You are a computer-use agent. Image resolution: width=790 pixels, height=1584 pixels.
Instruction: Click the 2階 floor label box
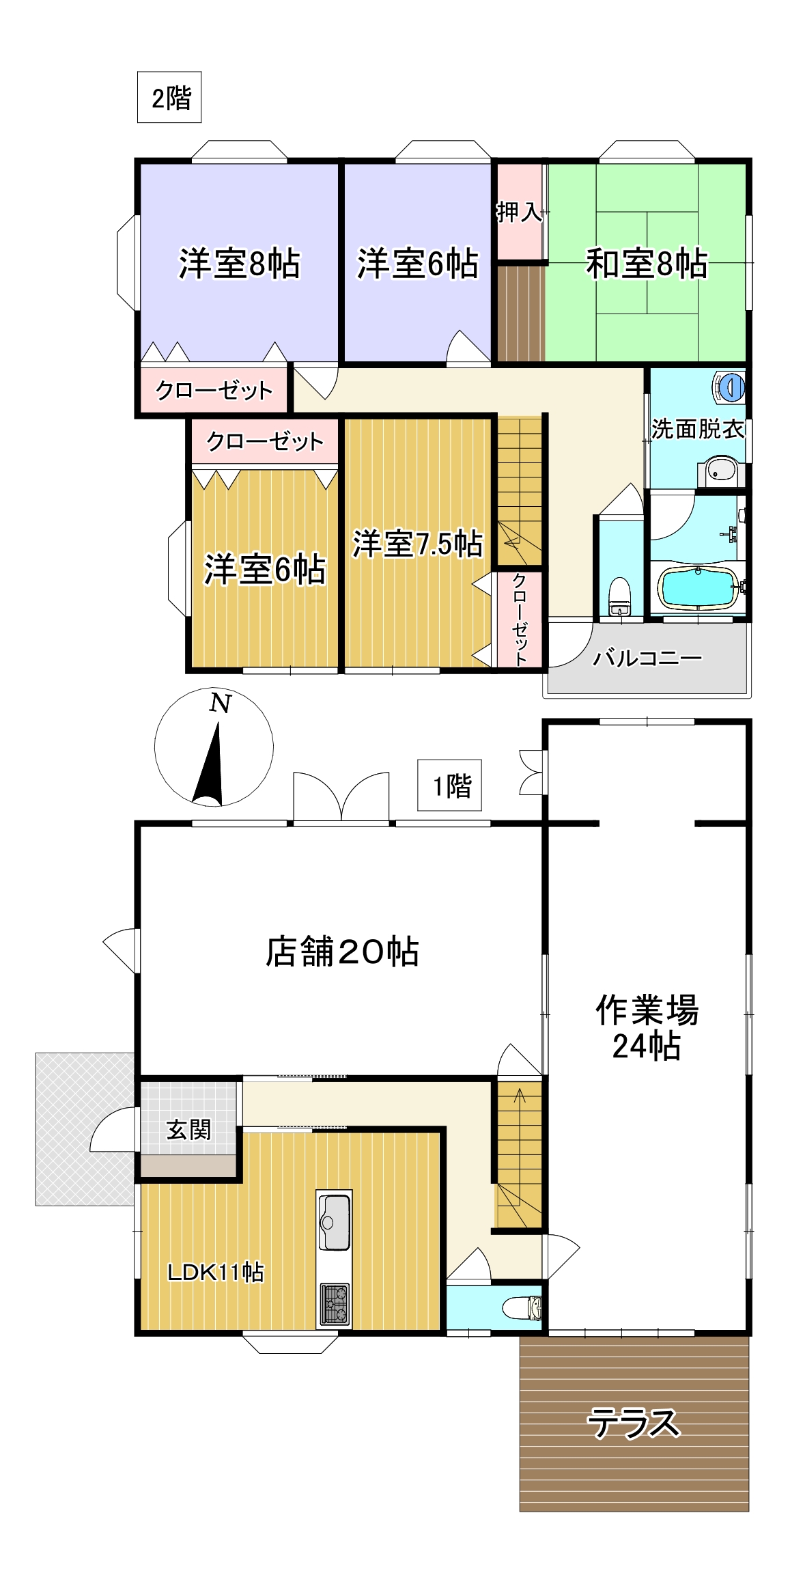(x=169, y=98)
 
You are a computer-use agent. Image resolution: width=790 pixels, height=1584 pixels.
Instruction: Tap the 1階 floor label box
(x=450, y=786)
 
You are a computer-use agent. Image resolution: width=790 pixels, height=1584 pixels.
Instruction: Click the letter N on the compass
(x=220, y=703)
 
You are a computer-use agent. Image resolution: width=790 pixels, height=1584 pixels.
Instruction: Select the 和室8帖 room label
(x=646, y=264)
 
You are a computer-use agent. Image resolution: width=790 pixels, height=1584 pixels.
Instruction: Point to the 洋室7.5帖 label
(x=417, y=544)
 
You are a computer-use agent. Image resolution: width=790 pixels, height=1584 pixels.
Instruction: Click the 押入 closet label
(x=519, y=212)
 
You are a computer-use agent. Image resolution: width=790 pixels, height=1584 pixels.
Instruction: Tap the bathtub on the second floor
(x=698, y=587)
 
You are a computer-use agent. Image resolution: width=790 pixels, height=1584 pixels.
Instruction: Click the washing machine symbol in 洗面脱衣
(x=730, y=387)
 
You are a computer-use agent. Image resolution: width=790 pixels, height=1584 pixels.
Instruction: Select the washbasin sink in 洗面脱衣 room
(x=721, y=470)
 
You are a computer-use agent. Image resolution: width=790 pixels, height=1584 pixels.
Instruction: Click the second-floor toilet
(x=619, y=597)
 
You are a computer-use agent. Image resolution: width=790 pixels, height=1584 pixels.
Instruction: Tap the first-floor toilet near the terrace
(x=522, y=1307)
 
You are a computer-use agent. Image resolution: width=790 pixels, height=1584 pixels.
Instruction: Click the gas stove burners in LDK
(x=335, y=1303)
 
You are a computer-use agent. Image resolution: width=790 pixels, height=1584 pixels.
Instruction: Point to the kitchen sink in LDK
(x=334, y=1221)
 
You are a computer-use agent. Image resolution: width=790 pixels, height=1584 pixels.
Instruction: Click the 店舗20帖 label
(x=341, y=951)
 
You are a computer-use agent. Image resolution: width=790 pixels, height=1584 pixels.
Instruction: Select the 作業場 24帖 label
(x=646, y=1028)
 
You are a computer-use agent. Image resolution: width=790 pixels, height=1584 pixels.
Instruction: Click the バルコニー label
(x=647, y=658)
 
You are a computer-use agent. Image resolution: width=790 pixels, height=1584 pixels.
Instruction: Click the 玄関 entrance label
(x=188, y=1129)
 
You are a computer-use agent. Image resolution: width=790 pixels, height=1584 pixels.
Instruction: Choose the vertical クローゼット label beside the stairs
(x=520, y=619)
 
